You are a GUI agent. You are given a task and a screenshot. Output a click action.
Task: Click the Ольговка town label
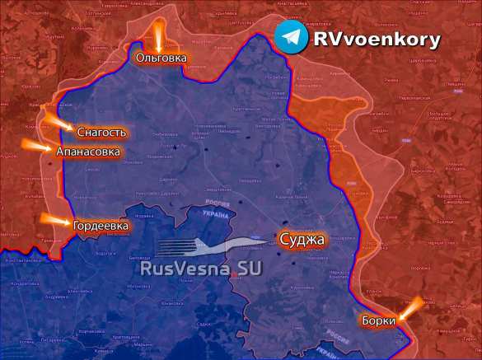click(161, 58)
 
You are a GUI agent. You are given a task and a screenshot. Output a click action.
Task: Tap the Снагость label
click(101, 133)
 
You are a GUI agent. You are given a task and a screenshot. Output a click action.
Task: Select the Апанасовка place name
click(88, 152)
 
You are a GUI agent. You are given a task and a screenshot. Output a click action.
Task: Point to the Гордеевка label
click(101, 225)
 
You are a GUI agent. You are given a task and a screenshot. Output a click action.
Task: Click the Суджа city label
click(302, 240)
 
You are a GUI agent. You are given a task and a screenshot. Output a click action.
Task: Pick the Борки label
click(378, 320)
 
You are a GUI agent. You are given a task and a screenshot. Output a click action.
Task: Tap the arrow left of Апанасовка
click(37, 148)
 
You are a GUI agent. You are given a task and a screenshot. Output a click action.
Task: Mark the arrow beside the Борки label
click(412, 307)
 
